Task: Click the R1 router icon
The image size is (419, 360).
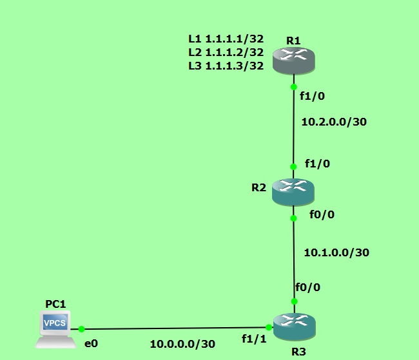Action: coord(293,62)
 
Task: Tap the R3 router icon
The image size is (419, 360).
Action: coord(294,327)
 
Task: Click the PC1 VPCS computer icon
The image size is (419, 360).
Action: coord(55,326)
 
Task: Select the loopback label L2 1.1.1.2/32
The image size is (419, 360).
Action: coord(226,52)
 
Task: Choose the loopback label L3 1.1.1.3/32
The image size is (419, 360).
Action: coord(226,65)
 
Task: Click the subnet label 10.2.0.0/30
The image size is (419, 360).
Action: coord(334,120)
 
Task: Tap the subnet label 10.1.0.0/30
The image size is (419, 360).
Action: coord(336,252)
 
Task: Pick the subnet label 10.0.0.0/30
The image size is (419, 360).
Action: coord(182,344)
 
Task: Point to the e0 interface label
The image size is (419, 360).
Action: coord(91,343)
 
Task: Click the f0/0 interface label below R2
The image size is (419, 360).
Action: coord(322,214)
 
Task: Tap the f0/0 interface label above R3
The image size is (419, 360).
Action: coord(307,287)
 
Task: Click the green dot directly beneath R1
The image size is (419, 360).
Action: coord(293,86)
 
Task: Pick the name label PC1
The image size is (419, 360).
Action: coord(55,303)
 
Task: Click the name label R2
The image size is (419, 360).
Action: coord(259,187)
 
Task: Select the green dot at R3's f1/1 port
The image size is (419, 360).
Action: coord(268,327)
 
